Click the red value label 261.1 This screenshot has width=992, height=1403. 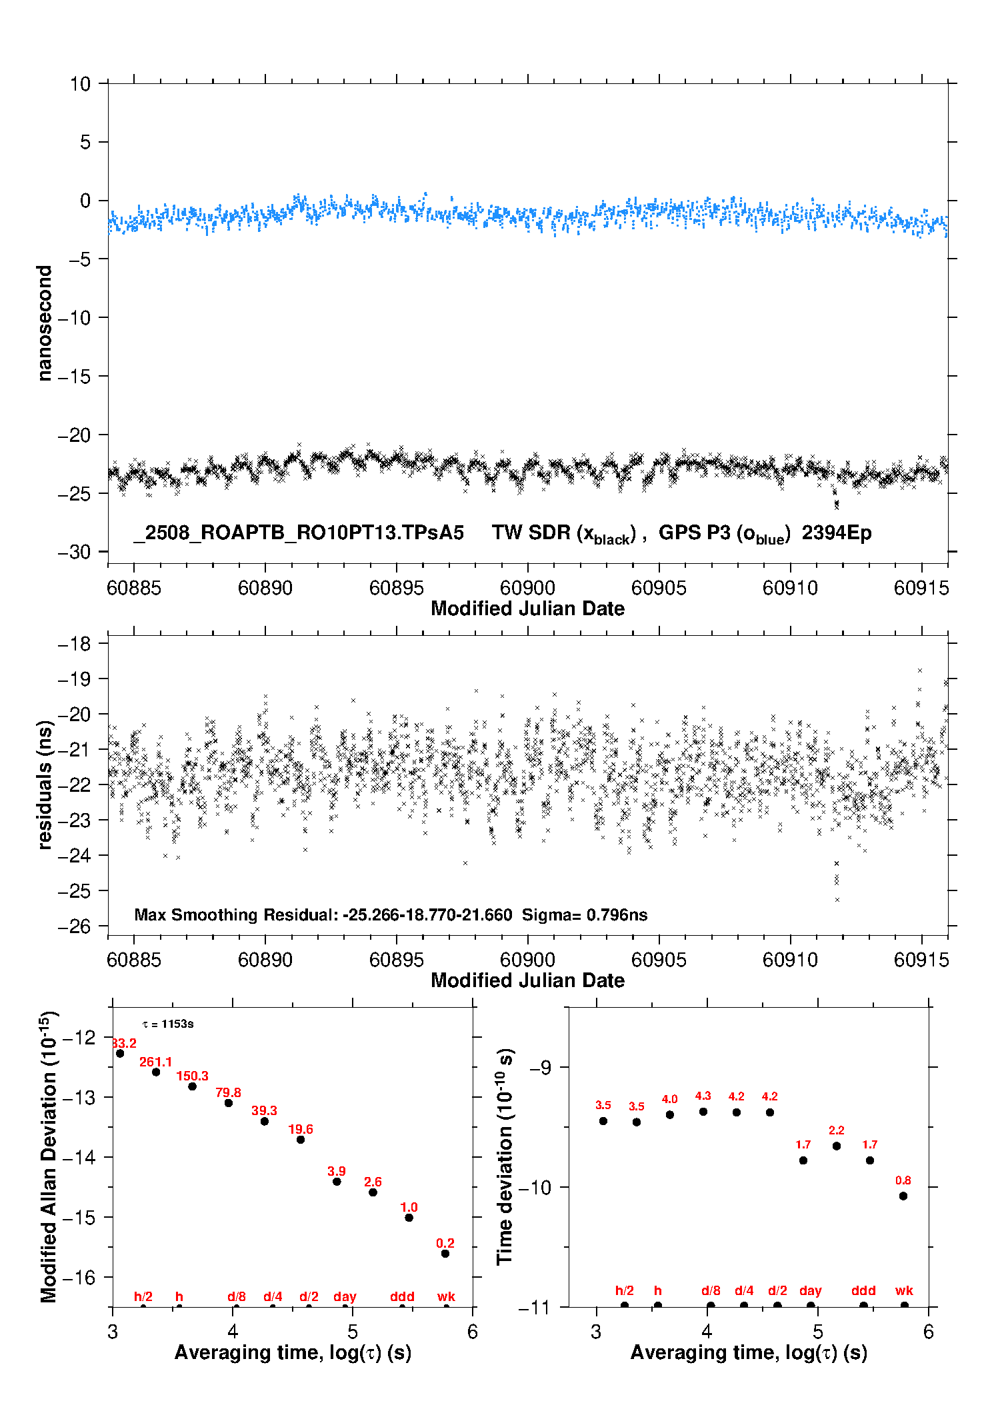click(155, 1062)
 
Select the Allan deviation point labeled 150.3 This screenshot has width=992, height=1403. click(192, 1086)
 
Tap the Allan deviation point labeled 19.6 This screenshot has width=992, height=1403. click(301, 1140)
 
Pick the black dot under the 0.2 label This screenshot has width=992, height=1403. click(445, 1254)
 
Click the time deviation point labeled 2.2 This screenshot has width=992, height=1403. click(837, 1146)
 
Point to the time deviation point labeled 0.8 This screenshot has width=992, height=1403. click(903, 1196)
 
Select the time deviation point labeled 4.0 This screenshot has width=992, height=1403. click(670, 1114)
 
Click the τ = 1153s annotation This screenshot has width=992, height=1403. click(168, 1024)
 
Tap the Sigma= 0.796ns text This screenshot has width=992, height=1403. click(585, 914)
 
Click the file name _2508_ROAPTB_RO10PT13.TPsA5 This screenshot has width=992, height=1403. click(299, 533)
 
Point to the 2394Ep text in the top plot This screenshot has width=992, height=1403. click(837, 533)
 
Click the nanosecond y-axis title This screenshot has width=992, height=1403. click(45, 323)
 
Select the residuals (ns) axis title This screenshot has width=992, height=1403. click(45, 785)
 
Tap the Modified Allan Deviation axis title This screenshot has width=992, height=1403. click(49, 1156)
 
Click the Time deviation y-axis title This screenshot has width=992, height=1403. click(505, 1156)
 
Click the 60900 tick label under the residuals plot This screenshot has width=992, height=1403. click(528, 960)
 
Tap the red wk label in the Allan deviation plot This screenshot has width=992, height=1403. click(446, 1296)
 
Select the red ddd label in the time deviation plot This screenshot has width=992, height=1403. click(863, 1290)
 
